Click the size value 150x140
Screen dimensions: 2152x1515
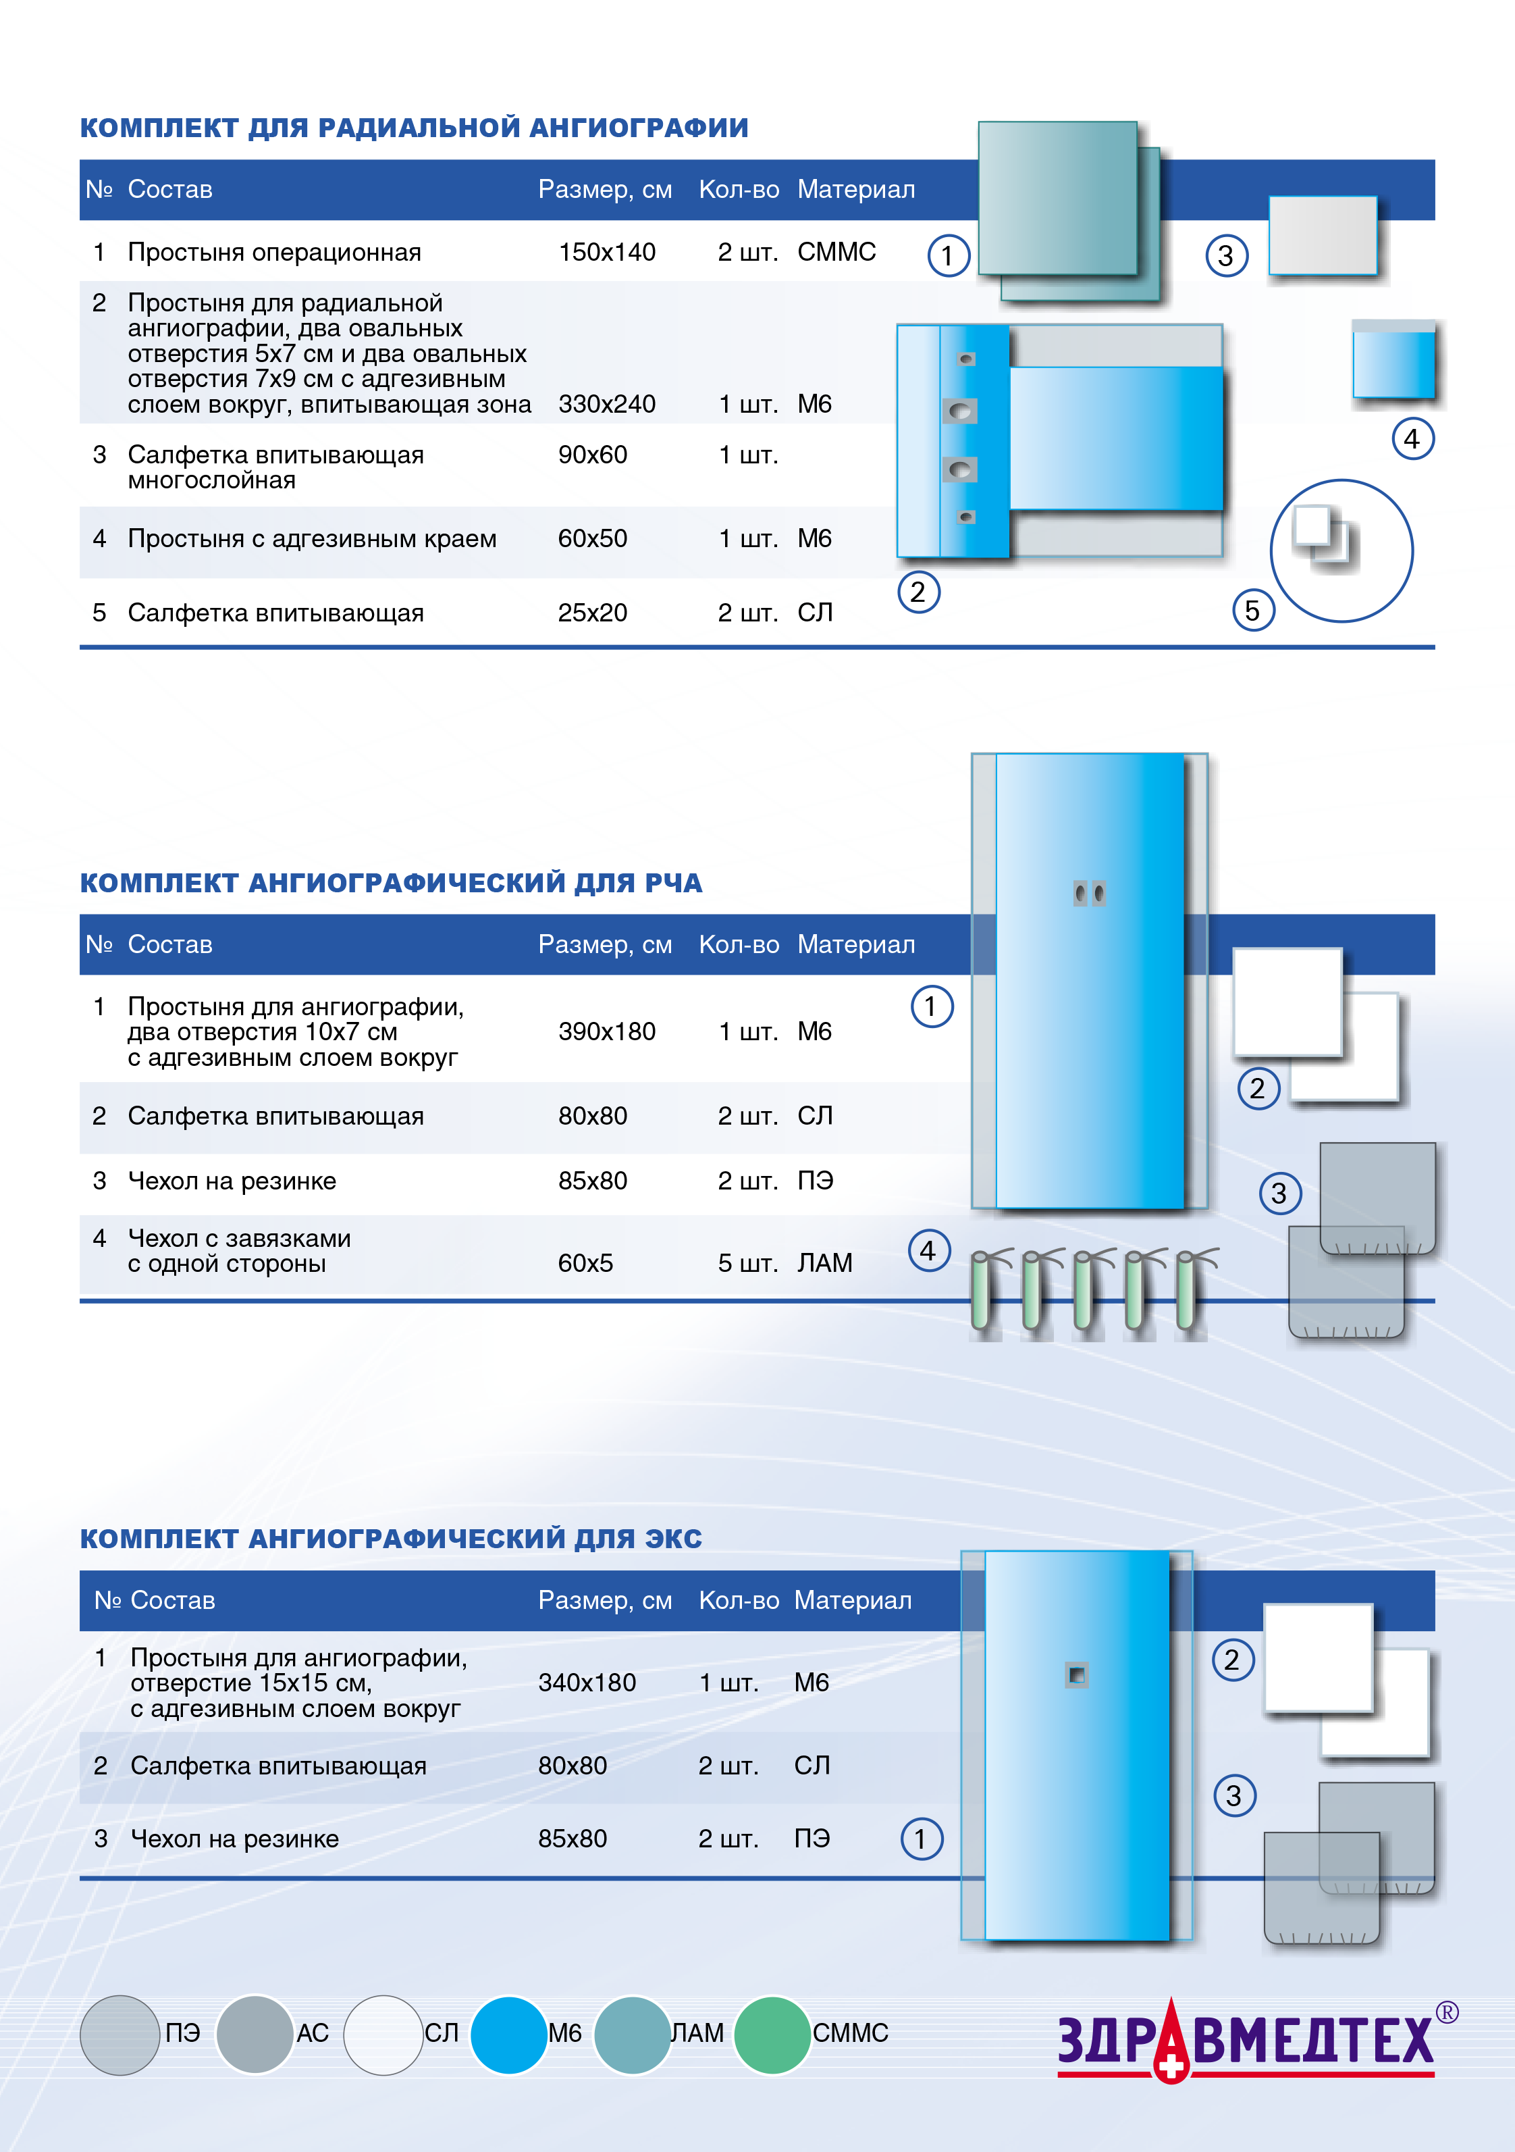606,252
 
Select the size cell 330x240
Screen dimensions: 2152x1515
606,404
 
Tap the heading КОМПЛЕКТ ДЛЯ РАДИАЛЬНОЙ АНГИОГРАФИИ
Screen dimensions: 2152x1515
414,128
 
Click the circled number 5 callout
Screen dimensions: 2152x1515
1252,611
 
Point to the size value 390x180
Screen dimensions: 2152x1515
606,1032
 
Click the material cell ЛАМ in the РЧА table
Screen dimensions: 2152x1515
824,1264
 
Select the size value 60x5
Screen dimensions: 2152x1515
585,1264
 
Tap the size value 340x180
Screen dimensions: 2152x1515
587,1683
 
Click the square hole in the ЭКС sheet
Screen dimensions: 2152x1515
1077,1675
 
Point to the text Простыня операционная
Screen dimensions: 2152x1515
275,252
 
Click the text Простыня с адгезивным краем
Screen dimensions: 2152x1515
312,539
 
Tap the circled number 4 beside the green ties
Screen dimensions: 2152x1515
928,1250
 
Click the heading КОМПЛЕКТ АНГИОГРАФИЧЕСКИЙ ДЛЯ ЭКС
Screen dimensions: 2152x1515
391,1539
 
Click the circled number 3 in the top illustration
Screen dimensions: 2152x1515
1225,256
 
